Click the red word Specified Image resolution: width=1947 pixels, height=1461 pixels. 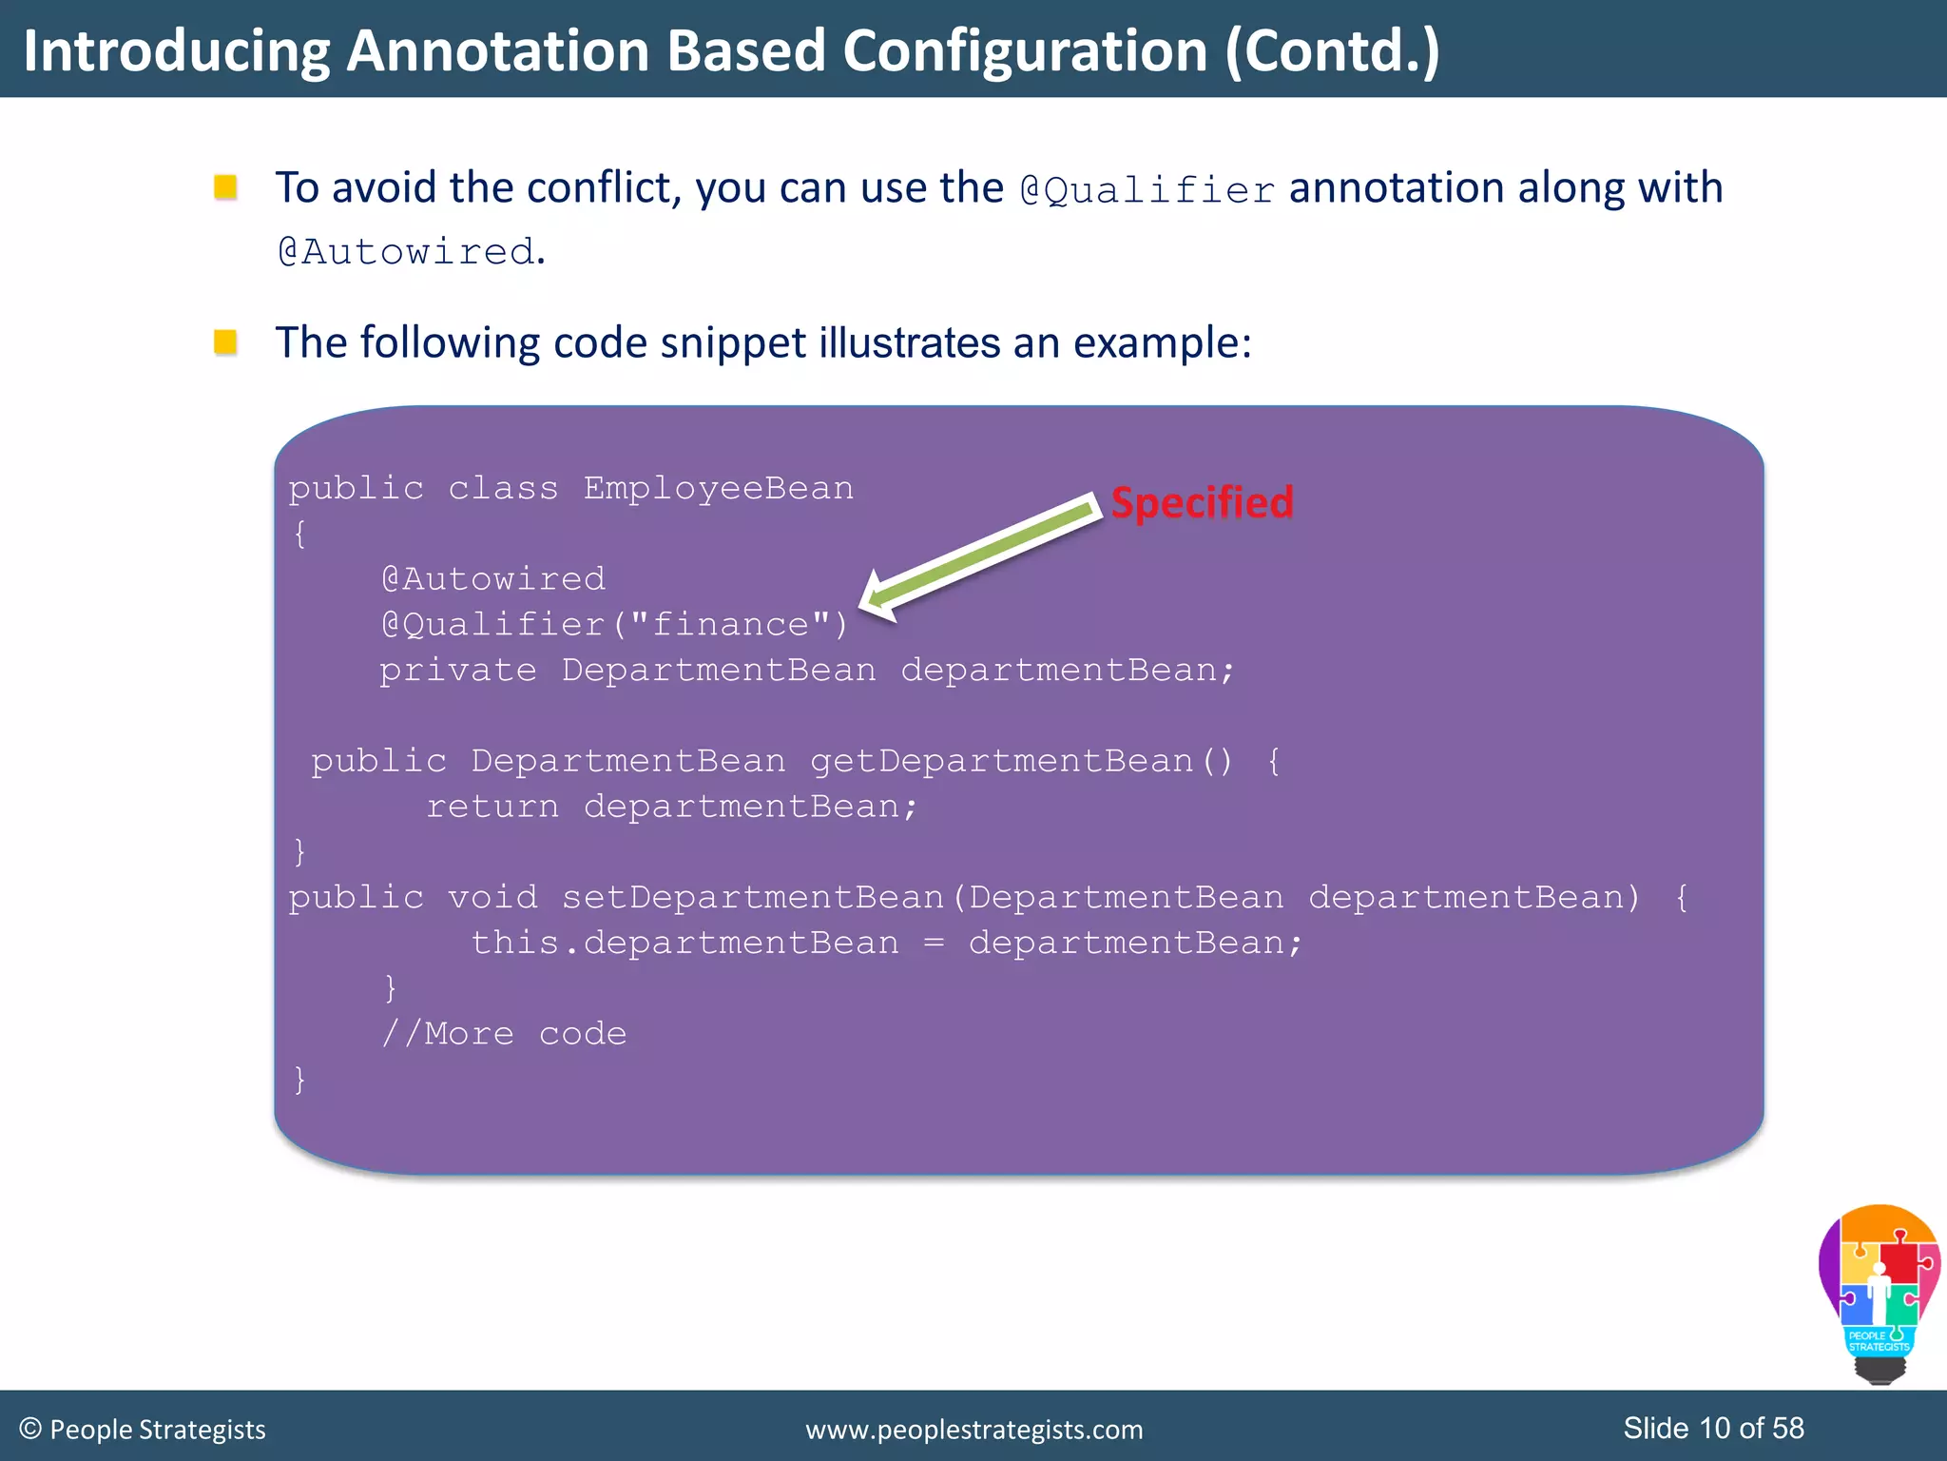[1202, 502]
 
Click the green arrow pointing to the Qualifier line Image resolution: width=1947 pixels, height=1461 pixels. [979, 555]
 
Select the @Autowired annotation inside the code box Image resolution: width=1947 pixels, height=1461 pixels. [492, 578]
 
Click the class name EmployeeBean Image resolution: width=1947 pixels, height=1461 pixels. [718, 488]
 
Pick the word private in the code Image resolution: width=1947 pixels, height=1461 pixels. [457, 670]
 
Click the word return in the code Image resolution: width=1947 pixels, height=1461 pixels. [492, 807]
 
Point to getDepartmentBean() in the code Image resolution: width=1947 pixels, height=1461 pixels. [1021, 761]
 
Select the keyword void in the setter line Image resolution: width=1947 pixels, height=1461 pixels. [492, 897]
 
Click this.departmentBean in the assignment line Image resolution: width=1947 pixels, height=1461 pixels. [684, 943]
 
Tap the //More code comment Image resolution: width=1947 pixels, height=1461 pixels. [504, 1033]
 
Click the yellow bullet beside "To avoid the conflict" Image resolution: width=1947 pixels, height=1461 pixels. [225, 186]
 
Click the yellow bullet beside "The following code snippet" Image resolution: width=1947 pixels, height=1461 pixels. [225, 341]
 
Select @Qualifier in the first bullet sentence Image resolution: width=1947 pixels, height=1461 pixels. [1147, 190]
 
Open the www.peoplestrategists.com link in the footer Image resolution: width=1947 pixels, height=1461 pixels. [973, 1429]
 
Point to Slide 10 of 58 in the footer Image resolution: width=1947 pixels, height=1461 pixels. [1713, 1428]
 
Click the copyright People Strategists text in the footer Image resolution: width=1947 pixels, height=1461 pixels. [143, 1429]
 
